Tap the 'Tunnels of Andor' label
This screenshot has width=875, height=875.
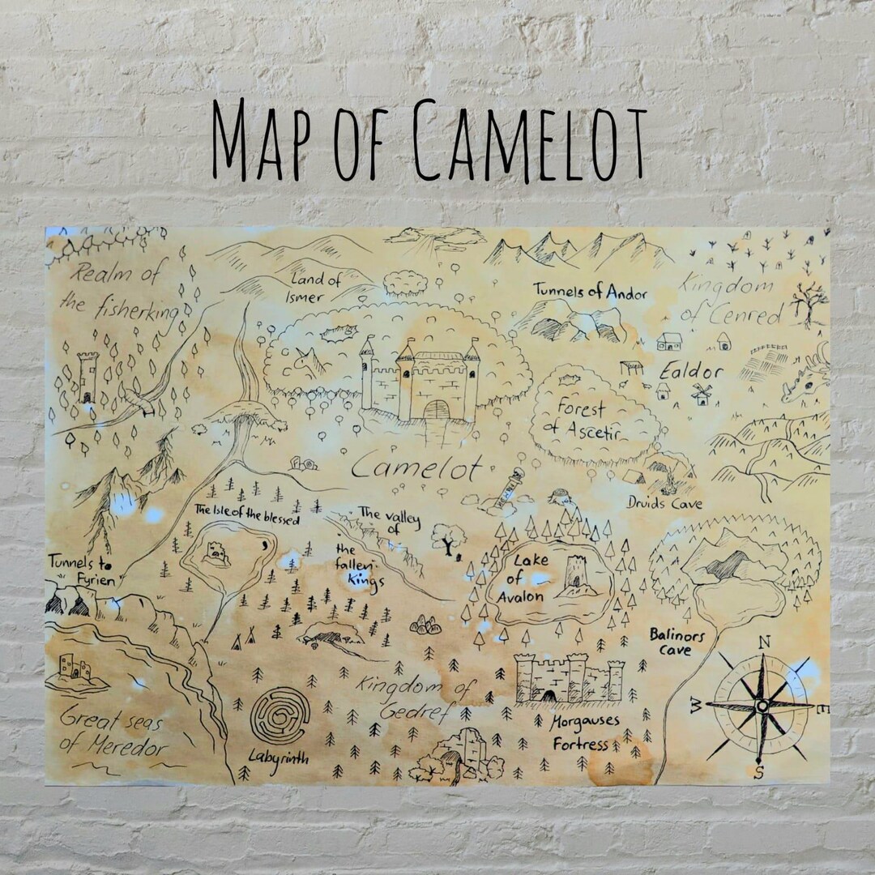click(x=590, y=292)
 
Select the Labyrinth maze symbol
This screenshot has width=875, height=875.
click(x=280, y=715)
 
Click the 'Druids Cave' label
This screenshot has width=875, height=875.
click(x=664, y=504)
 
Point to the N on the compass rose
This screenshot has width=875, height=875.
click(x=763, y=642)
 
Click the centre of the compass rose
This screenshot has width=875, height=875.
click(x=761, y=706)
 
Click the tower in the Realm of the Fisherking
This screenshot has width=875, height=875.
click(x=87, y=376)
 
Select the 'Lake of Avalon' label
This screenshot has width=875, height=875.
click(x=527, y=578)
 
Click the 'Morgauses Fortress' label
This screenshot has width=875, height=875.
click(x=585, y=732)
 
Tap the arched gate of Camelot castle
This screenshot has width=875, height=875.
click(x=435, y=409)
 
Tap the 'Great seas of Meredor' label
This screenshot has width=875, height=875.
click(x=113, y=732)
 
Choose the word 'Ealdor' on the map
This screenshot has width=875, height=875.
click(x=690, y=372)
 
